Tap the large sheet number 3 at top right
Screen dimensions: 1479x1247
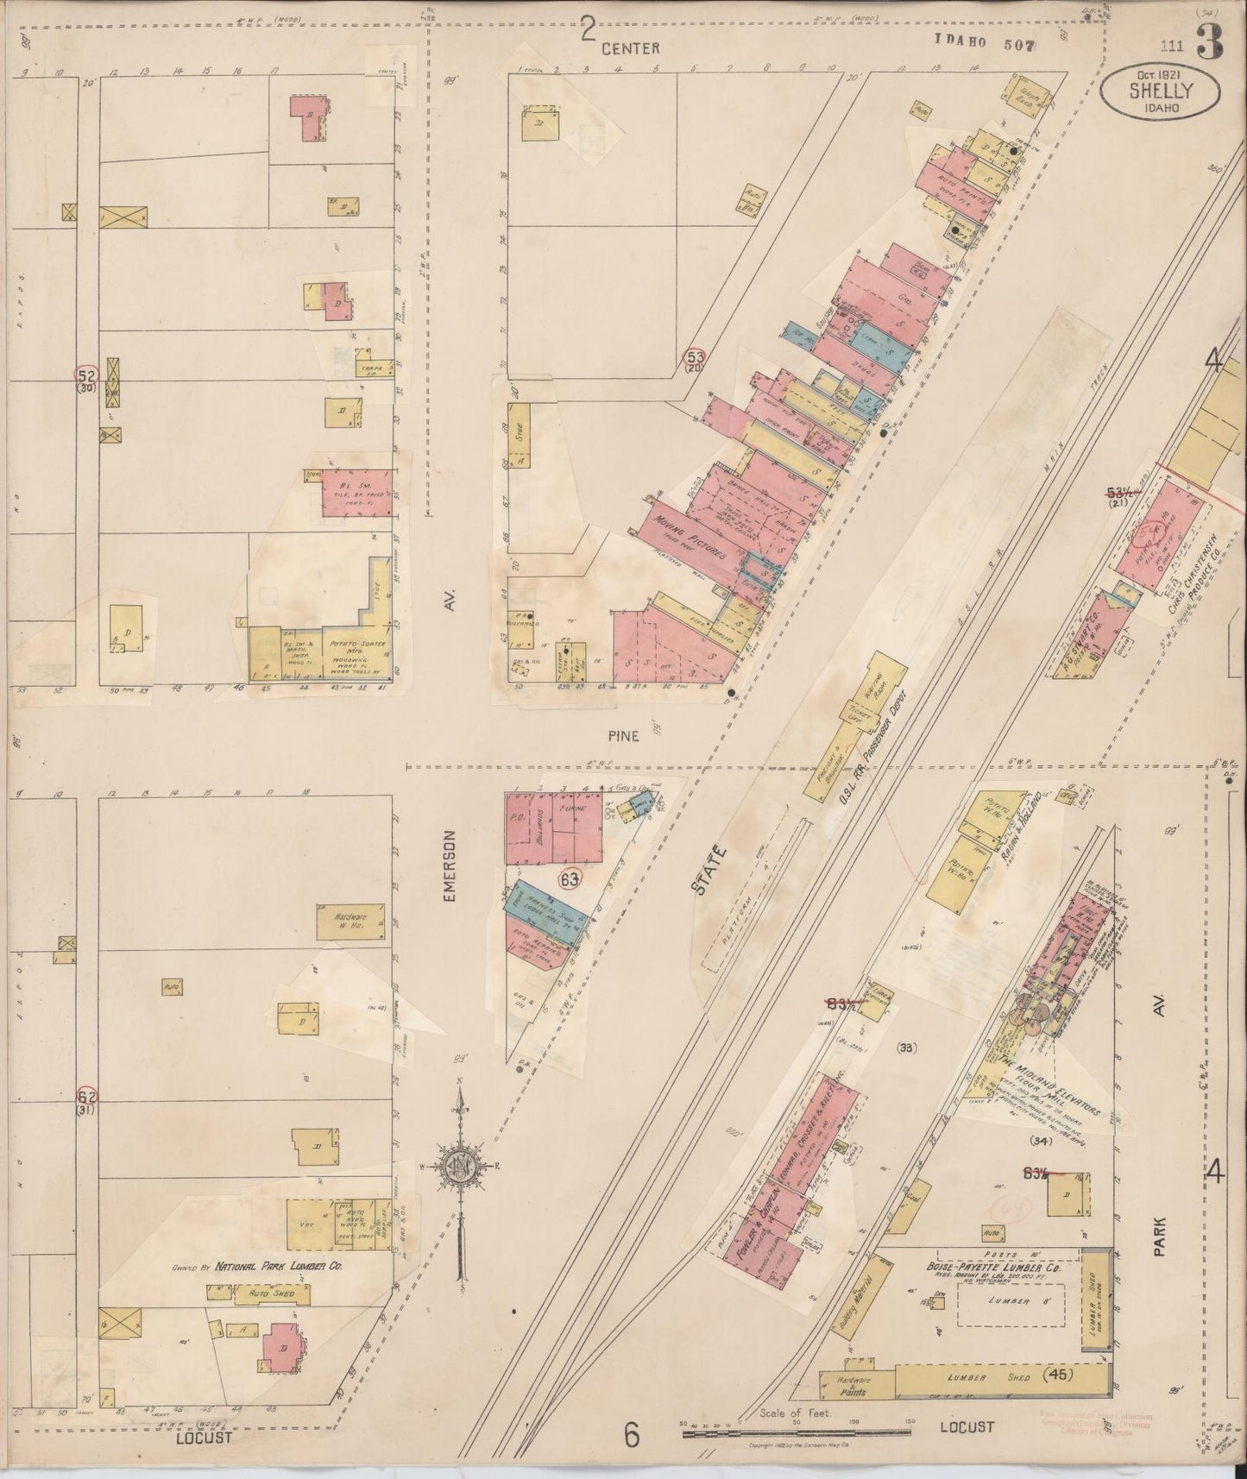pyautogui.click(x=1209, y=43)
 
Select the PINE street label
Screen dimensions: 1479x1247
pyautogui.click(x=622, y=735)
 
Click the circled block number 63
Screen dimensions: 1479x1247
pyautogui.click(x=569, y=880)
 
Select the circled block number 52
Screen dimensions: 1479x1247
pyautogui.click(x=87, y=375)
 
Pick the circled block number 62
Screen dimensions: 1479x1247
pyautogui.click(x=87, y=1097)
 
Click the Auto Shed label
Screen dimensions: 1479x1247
pyautogui.click(x=273, y=1294)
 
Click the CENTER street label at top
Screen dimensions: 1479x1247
pyautogui.click(x=631, y=47)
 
